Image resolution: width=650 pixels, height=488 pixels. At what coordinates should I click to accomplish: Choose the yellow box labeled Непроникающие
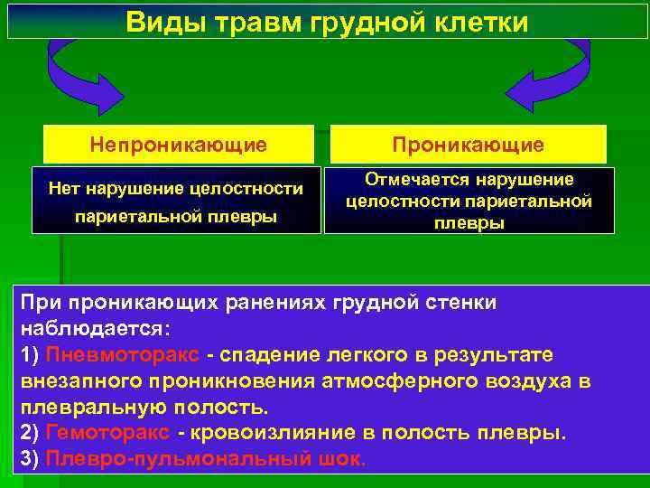click(178, 145)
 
